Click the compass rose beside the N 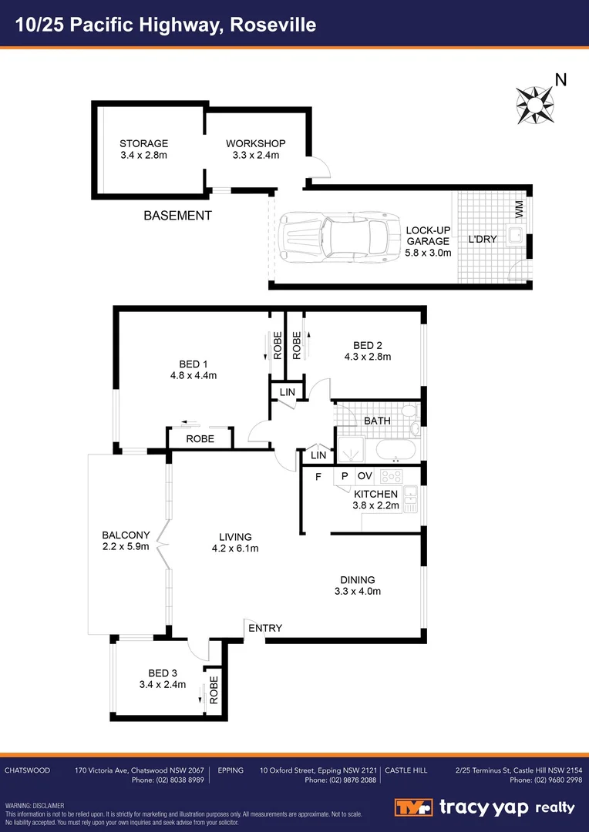(534, 104)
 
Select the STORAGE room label (143, 143)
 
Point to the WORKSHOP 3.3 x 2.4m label (256, 149)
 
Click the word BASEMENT (177, 216)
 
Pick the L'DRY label (483, 239)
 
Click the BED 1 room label (194, 364)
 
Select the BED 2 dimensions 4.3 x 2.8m (368, 357)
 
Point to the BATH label (377, 421)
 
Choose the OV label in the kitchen (365, 476)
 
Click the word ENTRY (264, 629)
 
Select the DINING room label (357, 580)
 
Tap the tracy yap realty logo (486, 807)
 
